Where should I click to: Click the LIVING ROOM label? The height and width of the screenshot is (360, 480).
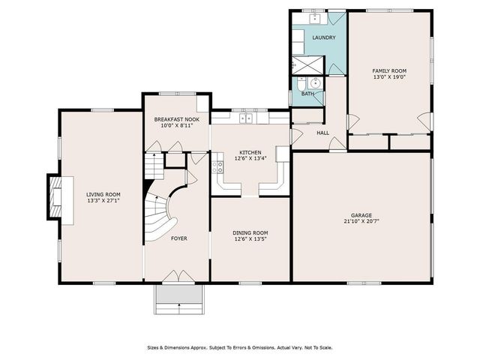pos(103,194)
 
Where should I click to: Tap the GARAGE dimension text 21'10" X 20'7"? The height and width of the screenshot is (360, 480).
pos(361,221)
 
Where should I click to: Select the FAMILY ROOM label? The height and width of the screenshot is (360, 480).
pos(389,71)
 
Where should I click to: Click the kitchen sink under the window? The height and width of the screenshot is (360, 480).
pos(246,118)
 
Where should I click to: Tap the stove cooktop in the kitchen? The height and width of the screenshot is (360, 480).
pos(217,167)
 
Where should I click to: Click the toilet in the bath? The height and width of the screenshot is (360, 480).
pos(300,82)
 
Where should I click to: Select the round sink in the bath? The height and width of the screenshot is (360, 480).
pos(314,82)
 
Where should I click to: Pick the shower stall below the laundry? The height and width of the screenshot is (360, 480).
pos(307,65)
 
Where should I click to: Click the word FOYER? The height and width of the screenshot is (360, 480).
pos(178,238)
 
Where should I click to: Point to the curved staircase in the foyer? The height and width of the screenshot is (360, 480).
pos(160,214)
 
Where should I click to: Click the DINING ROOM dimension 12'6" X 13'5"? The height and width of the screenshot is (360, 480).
pos(250,239)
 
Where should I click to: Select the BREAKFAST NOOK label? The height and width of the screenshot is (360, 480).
pos(177,119)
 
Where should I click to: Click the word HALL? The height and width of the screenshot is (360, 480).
pos(323,133)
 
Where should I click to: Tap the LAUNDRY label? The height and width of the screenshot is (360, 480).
pos(324,37)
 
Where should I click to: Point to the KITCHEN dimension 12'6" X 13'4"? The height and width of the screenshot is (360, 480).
pos(250,158)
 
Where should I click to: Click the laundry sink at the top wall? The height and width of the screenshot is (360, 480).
pos(314,18)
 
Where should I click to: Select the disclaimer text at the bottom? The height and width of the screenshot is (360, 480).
pos(240,348)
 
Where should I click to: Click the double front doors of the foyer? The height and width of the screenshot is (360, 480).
pos(178,277)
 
